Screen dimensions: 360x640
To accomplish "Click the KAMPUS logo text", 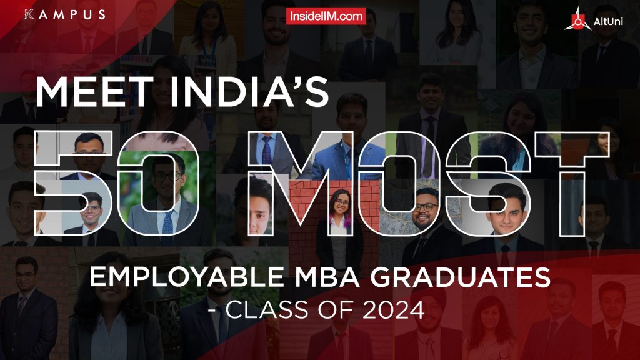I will [x=64, y=14].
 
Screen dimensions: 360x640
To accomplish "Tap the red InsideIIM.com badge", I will [x=326, y=17].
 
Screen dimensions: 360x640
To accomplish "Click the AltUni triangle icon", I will [x=574, y=21].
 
